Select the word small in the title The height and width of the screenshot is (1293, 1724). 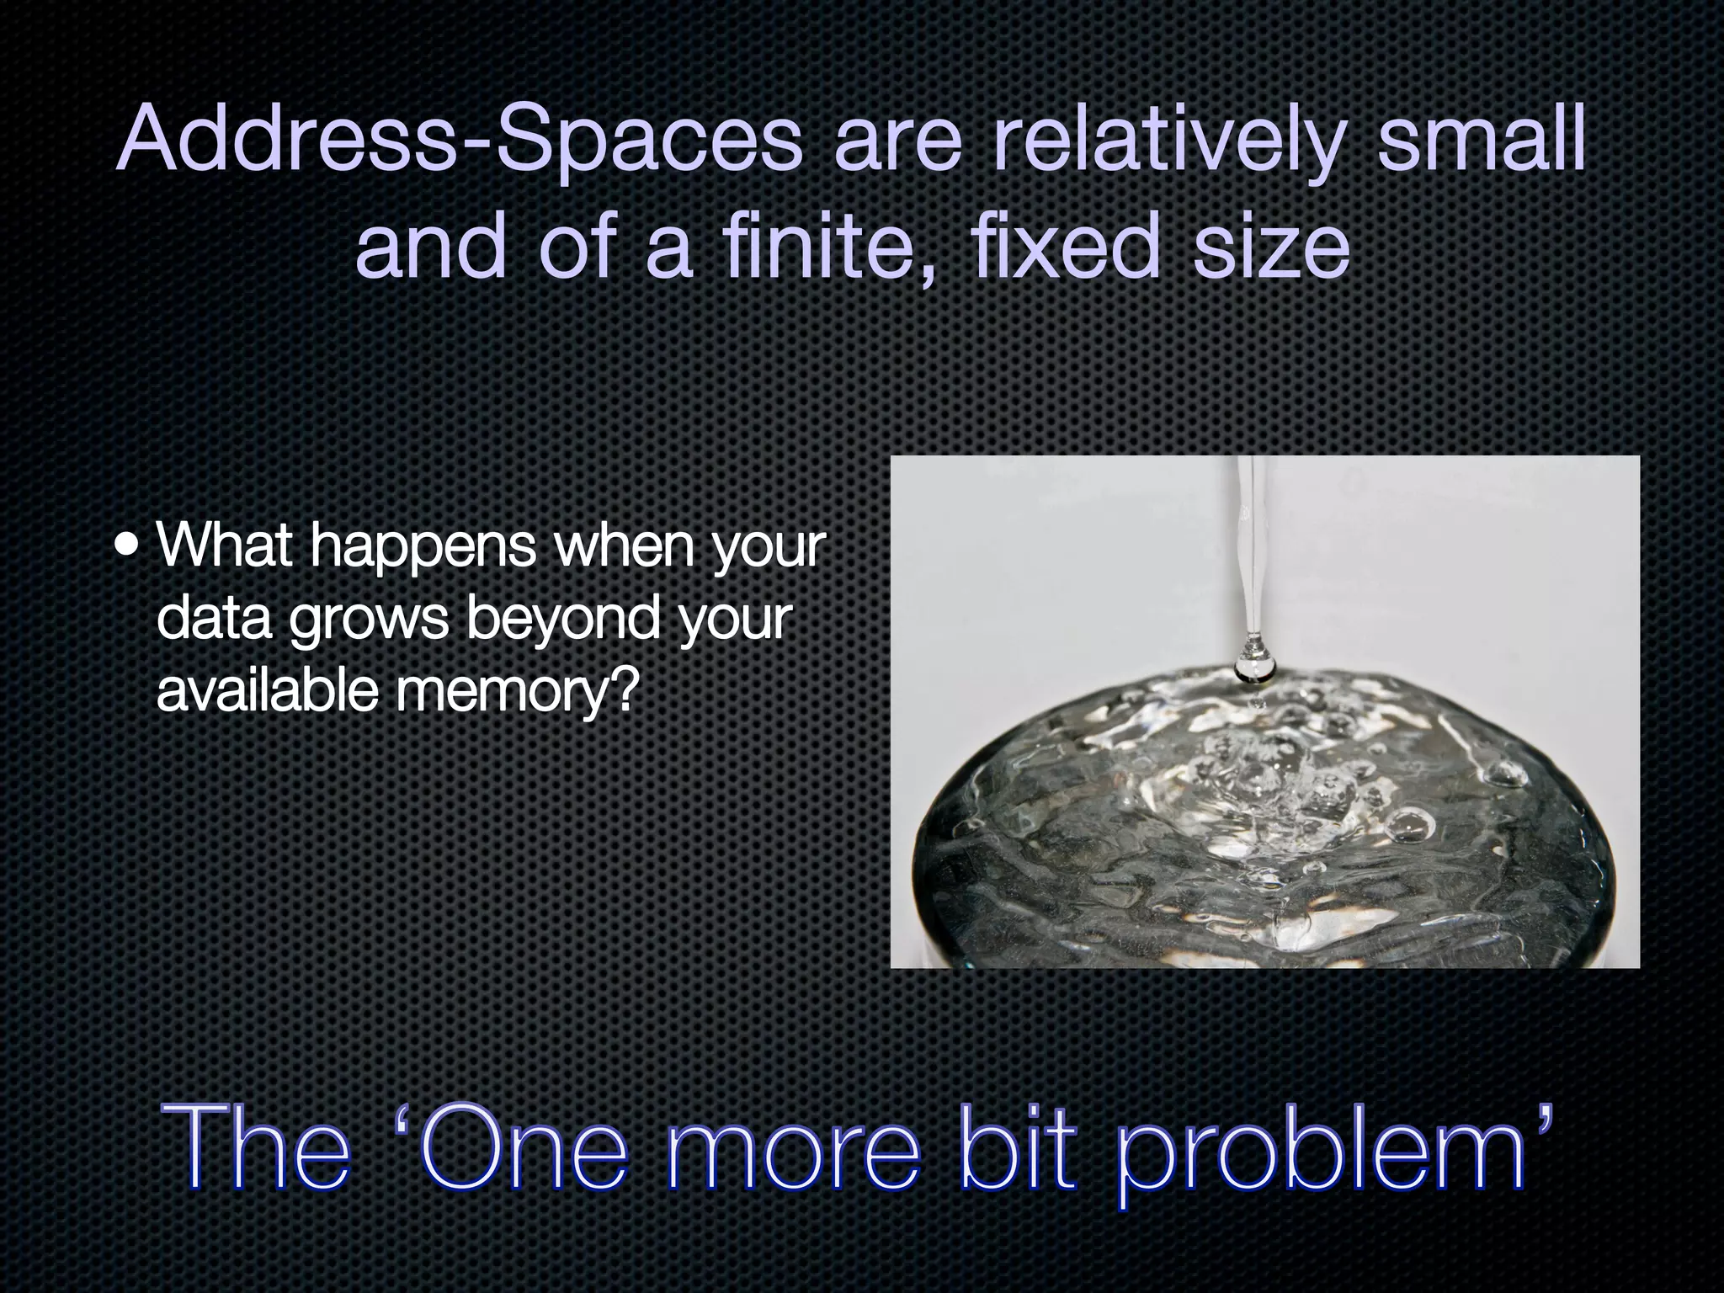1482,138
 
